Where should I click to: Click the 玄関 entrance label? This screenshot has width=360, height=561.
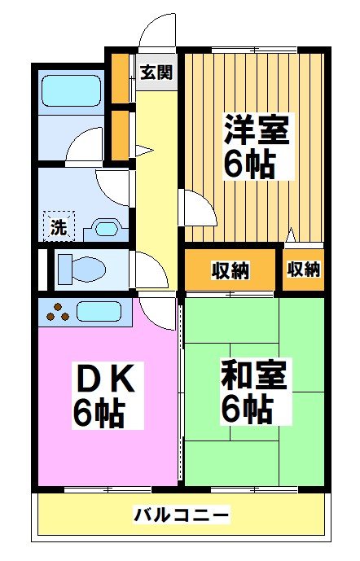coord(156,72)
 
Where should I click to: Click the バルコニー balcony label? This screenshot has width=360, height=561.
coord(181,515)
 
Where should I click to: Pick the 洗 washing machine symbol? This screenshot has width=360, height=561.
coord(59,226)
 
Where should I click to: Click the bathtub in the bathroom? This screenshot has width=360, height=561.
coord(71,91)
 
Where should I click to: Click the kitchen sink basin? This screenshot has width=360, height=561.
coord(99,311)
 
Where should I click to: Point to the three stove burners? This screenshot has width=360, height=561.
coord(58,313)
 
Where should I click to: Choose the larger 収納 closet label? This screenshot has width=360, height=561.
coord(230,270)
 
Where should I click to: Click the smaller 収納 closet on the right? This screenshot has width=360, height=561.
coord(304,269)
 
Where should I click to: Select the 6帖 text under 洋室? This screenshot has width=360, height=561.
coord(250,166)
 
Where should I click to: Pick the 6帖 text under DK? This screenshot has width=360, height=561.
coord(99,413)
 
